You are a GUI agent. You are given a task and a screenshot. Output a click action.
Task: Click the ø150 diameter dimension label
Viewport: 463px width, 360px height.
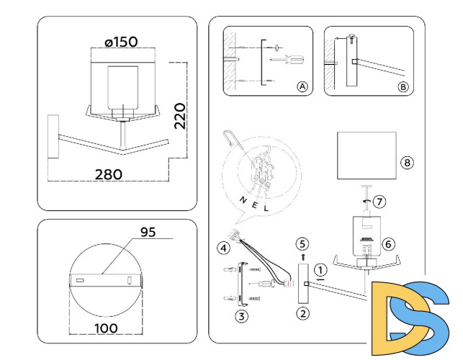coord(121,42)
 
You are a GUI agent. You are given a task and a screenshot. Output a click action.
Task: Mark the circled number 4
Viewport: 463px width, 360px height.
coord(223,248)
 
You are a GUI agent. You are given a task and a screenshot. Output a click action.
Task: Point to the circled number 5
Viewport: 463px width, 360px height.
coord(303,243)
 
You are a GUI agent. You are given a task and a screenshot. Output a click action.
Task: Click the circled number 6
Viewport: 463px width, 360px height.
coord(388,244)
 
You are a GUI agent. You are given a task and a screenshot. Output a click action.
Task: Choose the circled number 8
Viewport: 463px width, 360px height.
coord(408,163)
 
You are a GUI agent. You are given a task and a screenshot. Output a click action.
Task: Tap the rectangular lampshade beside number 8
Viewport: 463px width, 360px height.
coord(367,155)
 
